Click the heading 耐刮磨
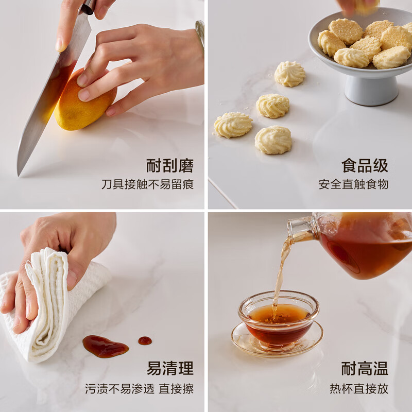click(x=170, y=165)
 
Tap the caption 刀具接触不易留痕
click(x=148, y=184)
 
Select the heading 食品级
click(x=365, y=165)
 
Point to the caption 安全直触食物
click(x=353, y=184)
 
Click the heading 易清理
click(x=170, y=368)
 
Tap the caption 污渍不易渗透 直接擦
click(x=139, y=389)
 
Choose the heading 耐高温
click(x=365, y=368)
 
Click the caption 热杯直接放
click(x=359, y=389)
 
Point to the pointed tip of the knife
click(x=19, y=175)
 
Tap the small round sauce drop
click(x=145, y=340)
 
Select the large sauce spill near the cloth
click(x=106, y=346)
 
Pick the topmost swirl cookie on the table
click(x=290, y=74)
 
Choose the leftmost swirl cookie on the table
click(x=233, y=125)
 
